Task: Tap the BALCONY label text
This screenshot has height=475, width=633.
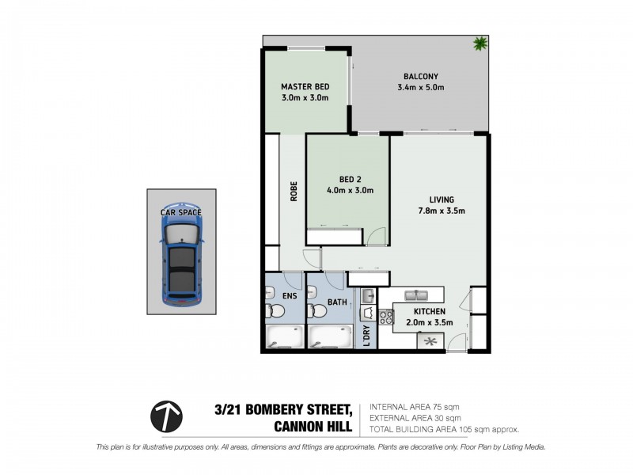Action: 418,77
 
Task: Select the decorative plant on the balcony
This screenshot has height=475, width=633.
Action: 479,44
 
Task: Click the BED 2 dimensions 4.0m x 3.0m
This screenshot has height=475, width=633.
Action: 349,190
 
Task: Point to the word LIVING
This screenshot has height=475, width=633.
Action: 441,199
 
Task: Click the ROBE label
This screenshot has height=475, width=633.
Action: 292,192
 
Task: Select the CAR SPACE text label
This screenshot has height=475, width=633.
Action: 181,212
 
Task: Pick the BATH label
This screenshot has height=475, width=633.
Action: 337,302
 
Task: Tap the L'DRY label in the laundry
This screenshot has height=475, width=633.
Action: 366,336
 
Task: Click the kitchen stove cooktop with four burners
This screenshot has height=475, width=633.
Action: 387,317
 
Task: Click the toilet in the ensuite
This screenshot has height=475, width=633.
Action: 270,313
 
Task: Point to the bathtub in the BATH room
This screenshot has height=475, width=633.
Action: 329,337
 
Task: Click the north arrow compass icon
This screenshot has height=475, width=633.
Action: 166,416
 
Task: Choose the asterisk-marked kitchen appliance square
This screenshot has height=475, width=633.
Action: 430,341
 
